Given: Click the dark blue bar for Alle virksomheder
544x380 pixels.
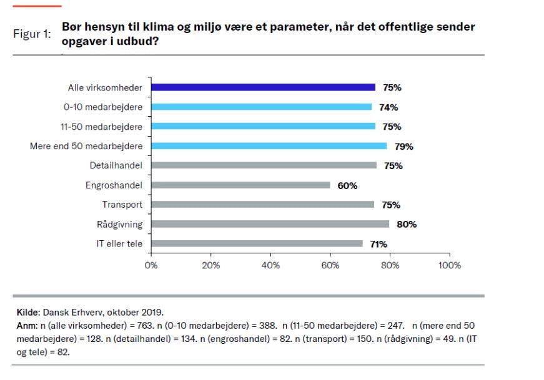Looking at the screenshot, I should pos(263,88).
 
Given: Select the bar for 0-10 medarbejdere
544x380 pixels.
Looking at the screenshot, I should pos(261,107).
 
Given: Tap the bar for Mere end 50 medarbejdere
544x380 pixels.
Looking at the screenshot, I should pos(269,146).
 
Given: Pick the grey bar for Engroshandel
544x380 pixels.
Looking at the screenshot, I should pos(240,185).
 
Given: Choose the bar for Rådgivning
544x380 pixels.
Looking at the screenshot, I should pos(270,224).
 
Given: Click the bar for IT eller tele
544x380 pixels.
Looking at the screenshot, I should pos(257,244).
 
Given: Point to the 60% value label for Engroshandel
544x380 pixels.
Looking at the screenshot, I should pos(347,185).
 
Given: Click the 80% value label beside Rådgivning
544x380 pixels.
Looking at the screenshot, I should pos(407,224).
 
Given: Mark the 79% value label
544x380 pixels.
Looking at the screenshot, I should pos(403,147).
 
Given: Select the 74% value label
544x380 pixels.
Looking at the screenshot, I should pos(388,107).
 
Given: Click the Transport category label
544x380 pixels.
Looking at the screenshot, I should pos(122,205).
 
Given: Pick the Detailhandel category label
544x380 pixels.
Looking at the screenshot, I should pos(116,166).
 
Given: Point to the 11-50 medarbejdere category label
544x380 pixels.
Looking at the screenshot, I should pos(102,127).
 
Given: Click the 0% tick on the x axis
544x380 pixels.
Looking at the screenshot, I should pos(151,265).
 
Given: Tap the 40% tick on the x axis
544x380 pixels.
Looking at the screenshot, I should pos(270,265).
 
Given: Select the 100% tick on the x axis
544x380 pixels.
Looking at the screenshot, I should pos(450,265).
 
